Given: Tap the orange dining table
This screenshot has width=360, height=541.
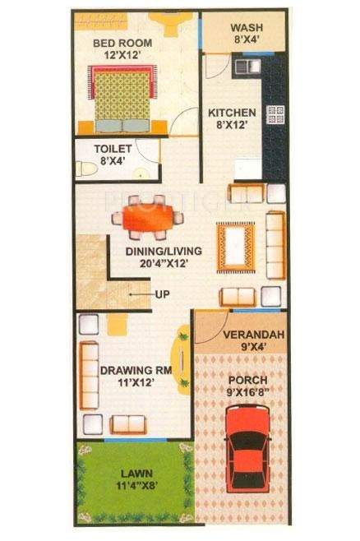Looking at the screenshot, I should point(149,219).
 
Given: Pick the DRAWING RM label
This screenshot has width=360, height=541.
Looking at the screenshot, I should point(136,371).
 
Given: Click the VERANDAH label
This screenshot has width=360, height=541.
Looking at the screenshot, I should point(242,334).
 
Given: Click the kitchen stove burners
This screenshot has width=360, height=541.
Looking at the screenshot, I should point(274,116).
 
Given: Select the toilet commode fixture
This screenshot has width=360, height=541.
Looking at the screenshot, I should point(85,169).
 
